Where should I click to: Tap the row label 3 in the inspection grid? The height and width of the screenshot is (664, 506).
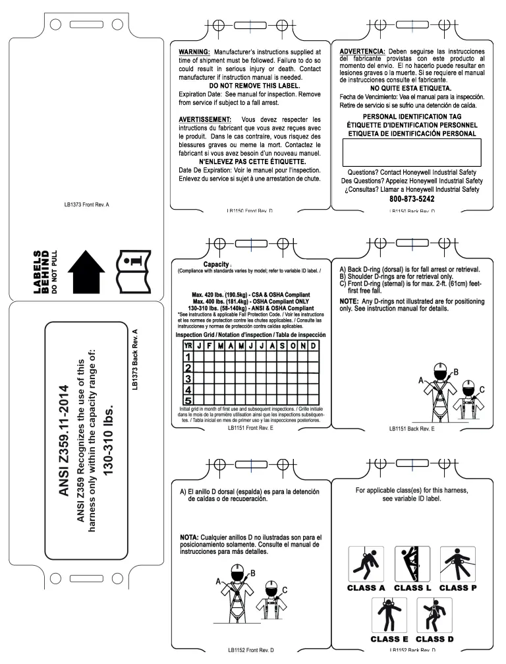[x=187, y=378]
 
